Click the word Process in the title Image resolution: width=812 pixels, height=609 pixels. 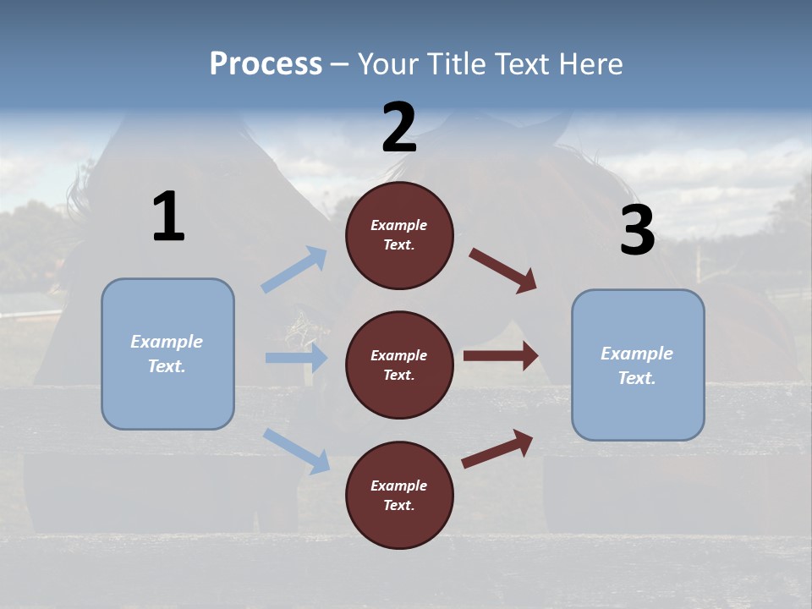tap(266, 63)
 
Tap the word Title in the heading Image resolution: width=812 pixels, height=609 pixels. tap(455, 63)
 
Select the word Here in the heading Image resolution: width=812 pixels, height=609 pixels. tap(591, 63)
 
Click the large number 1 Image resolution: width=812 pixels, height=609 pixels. tap(168, 217)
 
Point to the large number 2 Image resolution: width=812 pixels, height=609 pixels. tap(399, 129)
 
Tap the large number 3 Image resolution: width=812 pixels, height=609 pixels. tap(637, 231)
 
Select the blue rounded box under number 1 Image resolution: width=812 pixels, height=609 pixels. tap(167, 354)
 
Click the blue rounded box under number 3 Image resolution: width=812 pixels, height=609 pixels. tap(638, 365)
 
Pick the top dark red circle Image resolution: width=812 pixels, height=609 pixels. tap(399, 235)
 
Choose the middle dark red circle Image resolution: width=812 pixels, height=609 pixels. tap(399, 365)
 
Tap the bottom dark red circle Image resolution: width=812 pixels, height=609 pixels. tap(399, 496)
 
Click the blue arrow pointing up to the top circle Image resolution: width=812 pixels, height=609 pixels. tap(295, 269)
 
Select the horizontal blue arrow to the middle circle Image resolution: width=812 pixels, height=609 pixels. tap(296, 358)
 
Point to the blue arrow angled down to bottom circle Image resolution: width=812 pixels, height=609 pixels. tap(297, 450)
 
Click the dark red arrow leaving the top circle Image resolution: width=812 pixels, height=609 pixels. tap(502, 270)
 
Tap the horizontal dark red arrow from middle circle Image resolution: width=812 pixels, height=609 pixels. tap(501, 356)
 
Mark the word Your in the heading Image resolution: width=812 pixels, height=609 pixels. tap(387, 63)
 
